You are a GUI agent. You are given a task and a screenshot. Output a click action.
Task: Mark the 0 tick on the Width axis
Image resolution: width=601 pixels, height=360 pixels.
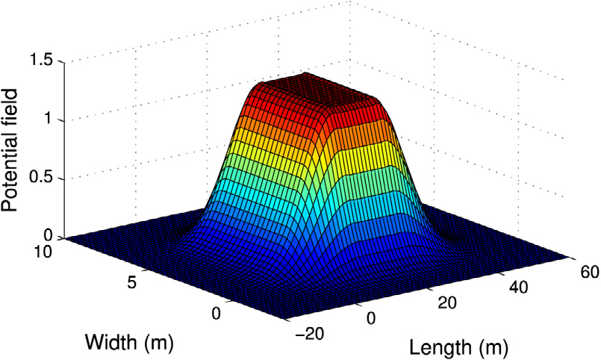click(217, 314)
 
